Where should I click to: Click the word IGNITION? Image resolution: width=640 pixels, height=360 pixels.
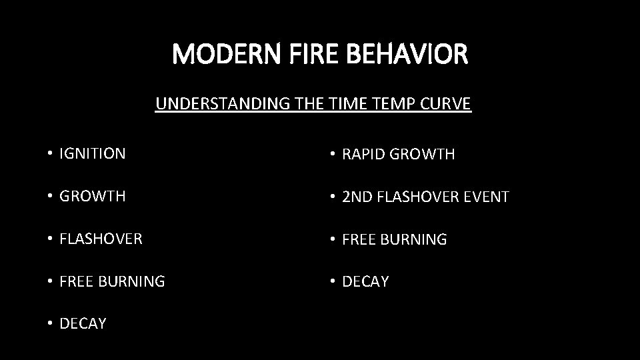[92, 154]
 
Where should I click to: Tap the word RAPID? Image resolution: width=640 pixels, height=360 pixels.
[363, 155]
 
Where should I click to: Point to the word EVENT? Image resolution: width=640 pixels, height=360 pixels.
[487, 197]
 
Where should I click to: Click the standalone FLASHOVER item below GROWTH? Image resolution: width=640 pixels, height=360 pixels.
[101, 239]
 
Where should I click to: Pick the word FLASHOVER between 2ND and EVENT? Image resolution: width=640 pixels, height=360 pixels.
[420, 197]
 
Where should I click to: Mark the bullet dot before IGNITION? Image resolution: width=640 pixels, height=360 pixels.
[50, 154]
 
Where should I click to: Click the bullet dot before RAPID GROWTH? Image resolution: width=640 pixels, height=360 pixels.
[333, 155]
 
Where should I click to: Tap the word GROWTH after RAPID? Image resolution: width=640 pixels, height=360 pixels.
[423, 155]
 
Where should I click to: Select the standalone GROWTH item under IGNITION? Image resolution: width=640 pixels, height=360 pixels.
[92, 197]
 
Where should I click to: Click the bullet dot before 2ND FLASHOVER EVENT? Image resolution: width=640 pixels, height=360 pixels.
[333, 197]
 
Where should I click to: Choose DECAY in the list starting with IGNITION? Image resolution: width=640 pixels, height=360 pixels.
[83, 324]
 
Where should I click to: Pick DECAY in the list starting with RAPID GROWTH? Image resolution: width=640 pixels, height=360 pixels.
[365, 282]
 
